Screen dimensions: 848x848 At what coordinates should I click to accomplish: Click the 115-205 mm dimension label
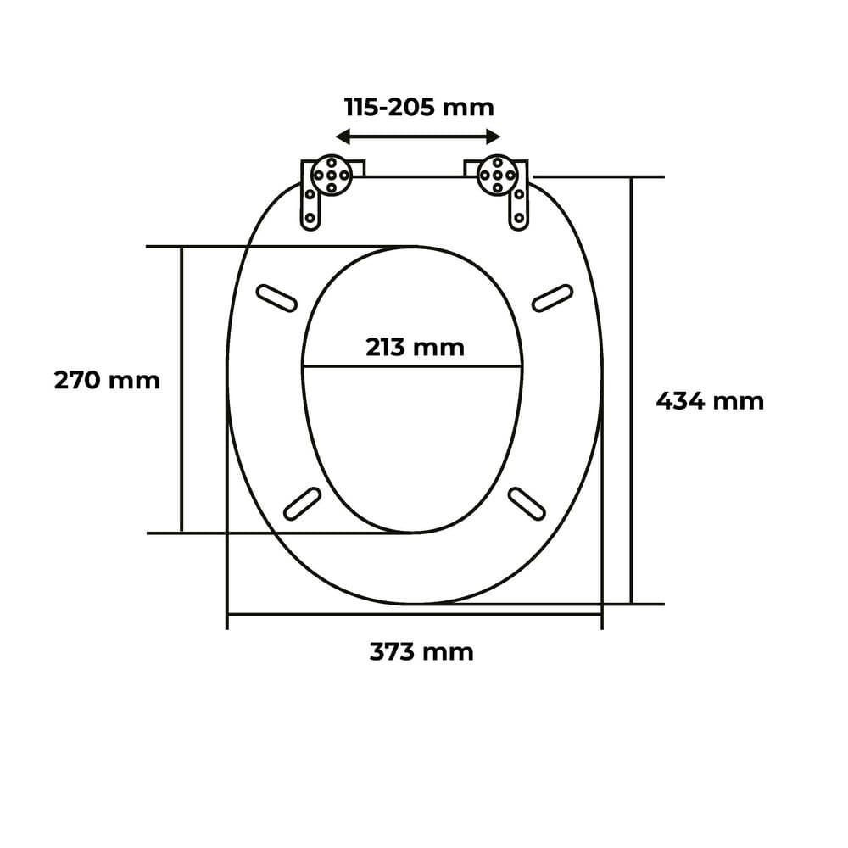tap(418, 108)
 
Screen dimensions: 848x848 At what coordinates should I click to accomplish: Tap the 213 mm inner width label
tap(415, 347)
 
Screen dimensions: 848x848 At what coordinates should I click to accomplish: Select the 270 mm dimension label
tap(107, 380)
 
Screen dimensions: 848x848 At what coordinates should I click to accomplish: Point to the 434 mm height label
tap(710, 400)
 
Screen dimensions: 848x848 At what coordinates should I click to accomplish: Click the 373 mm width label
tap(421, 651)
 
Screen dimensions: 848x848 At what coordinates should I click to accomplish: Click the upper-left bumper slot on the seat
tap(276, 297)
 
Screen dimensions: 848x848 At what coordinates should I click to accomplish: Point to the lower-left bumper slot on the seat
tap(301, 503)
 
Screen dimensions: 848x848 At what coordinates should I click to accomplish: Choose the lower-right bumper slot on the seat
tap(526, 503)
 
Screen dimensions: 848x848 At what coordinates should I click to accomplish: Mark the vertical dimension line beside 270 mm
tap(181, 441)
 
